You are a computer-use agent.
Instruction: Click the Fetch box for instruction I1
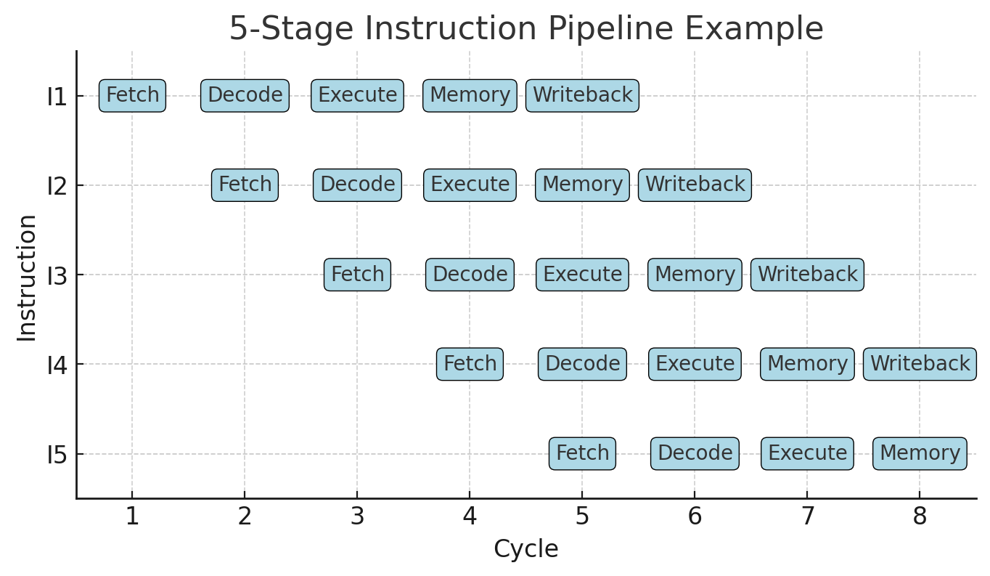click(132, 96)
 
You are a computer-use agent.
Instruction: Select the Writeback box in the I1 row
click(582, 96)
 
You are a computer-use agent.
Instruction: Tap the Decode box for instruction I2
click(357, 185)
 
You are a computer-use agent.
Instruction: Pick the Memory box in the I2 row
click(582, 185)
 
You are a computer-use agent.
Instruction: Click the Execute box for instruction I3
click(582, 275)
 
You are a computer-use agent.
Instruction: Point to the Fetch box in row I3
click(357, 275)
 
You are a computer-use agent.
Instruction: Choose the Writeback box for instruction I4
click(920, 364)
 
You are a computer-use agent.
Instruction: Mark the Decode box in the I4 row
click(582, 364)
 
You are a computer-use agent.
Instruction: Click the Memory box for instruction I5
click(920, 453)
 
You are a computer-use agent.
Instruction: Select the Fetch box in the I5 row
click(582, 453)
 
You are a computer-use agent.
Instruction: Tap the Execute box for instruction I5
click(807, 453)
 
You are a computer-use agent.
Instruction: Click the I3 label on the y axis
click(57, 276)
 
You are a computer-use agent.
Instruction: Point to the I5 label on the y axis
click(57, 455)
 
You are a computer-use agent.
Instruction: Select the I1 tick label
click(57, 97)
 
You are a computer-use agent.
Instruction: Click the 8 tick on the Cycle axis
click(920, 516)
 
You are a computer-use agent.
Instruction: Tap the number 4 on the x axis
click(470, 516)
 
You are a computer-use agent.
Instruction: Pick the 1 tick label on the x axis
click(132, 516)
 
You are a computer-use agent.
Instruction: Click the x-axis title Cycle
click(526, 549)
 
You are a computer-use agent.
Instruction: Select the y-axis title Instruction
click(27, 278)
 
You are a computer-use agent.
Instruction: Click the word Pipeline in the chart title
click(610, 28)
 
